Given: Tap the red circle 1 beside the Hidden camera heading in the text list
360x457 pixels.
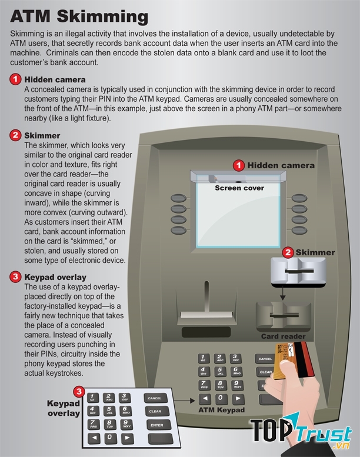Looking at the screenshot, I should pyautogui.click(x=15, y=79).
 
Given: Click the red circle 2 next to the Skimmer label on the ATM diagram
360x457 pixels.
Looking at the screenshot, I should pyautogui.click(x=288, y=253).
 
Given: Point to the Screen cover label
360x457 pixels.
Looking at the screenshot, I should pyautogui.click(x=239, y=188).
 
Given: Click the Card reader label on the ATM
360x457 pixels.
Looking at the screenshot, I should pyautogui.click(x=283, y=336).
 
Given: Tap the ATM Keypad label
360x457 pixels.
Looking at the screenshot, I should pyautogui.click(x=222, y=409).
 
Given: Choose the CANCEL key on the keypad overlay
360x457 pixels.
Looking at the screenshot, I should pyautogui.click(x=155, y=398).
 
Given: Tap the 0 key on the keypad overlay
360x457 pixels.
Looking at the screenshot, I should pyautogui.click(x=109, y=438).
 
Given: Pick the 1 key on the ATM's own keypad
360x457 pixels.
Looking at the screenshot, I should pyautogui.click(x=203, y=358).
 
